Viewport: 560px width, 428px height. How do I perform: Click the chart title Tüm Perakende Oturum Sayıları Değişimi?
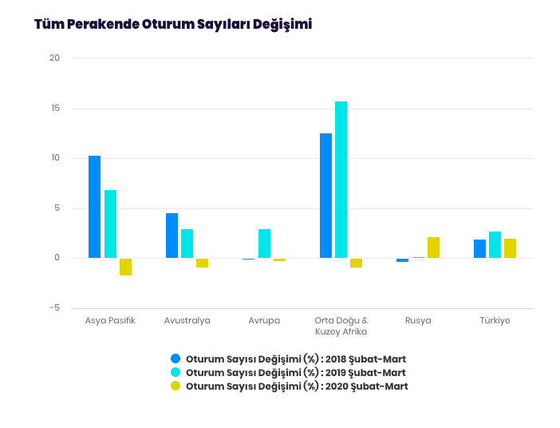coord(173,25)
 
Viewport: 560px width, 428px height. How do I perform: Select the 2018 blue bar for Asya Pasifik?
coord(94,207)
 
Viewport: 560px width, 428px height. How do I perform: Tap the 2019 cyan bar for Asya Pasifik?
coord(110,224)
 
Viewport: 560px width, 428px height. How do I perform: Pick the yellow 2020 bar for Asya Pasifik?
coord(125,267)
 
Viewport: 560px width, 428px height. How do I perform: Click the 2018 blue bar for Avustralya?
coord(172,236)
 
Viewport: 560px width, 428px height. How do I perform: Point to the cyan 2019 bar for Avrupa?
coord(264,244)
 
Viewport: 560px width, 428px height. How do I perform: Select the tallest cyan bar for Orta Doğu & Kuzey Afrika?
coord(341,180)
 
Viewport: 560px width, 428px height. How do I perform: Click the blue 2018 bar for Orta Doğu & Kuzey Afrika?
coord(325,196)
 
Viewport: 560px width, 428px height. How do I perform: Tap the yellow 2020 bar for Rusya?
coord(433,248)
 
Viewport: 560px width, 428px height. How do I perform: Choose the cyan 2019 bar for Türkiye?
coord(495,244)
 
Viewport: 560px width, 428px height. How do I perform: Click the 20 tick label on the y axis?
coord(54,58)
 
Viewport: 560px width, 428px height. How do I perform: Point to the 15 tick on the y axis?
coord(54,109)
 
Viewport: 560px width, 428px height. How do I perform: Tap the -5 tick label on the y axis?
coord(54,308)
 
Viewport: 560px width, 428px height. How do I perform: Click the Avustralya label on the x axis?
coord(187,321)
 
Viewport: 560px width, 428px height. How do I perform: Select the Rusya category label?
coord(418,321)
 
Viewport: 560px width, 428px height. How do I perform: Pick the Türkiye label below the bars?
coord(495,321)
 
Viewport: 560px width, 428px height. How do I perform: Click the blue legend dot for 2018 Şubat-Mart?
coord(175,359)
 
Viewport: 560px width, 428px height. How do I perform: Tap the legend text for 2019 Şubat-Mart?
coord(295,373)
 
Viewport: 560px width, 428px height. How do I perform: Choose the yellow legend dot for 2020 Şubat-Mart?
coord(175,386)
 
